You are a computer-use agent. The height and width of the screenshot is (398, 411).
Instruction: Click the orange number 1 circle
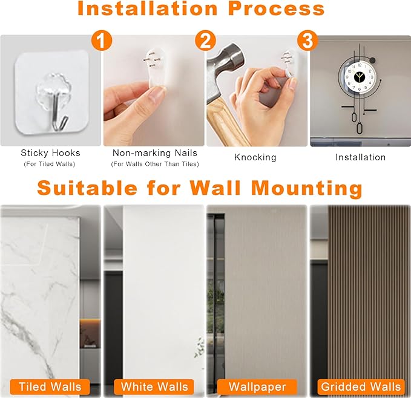tap(102, 41)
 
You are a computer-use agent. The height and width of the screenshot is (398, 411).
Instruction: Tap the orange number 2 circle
tap(205, 41)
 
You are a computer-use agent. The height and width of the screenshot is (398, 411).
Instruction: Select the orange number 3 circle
tap(307, 41)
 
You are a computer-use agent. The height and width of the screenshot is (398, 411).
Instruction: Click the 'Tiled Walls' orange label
tap(50, 387)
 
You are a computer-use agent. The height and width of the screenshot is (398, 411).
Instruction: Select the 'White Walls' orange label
tap(154, 387)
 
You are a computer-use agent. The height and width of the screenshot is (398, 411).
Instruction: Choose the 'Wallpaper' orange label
tap(257, 387)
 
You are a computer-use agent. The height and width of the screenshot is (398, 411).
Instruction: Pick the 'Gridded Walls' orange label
tap(361, 387)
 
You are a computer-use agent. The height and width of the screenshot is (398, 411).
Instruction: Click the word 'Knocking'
tap(255, 157)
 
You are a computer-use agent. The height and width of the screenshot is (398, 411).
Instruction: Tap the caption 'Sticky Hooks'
tap(50, 153)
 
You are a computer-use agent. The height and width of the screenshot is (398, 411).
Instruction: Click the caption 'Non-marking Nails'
tap(155, 153)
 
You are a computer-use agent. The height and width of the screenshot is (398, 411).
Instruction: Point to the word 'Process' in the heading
tap(276, 8)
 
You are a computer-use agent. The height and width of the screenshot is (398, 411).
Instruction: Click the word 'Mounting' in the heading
tap(307, 189)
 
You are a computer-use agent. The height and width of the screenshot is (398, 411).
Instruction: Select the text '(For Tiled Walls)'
tap(50, 164)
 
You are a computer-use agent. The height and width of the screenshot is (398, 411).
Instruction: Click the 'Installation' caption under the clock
tap(360, 157)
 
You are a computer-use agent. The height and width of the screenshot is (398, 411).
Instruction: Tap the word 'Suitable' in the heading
tap(87, 188)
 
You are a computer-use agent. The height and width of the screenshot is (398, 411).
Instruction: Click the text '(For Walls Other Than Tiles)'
tap(155, 164)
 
